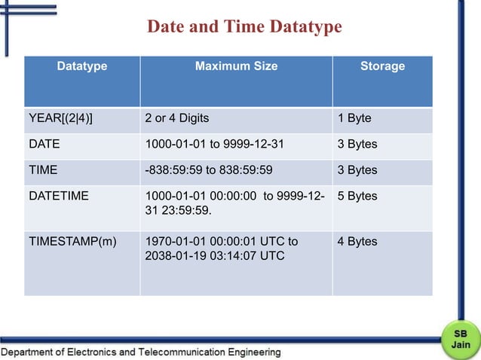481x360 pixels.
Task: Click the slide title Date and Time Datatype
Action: point(244,28)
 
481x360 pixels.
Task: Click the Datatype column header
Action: point(82,66)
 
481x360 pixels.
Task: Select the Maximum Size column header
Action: point(236,66)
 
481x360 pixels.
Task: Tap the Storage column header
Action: point(382,66)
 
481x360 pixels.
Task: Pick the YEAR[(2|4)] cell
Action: point(66,119)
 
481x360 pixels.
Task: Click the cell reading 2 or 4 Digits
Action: point(176,119)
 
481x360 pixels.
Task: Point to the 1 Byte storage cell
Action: point(354,119)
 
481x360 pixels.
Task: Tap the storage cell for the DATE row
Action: point(357,145)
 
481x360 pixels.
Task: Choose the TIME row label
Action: point(43,170)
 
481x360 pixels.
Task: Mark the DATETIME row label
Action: point(58,196)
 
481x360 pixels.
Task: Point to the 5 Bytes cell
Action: point(357,196)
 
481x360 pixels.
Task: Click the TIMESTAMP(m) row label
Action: point(72,242)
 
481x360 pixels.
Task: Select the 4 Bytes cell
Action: point(357,242)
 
